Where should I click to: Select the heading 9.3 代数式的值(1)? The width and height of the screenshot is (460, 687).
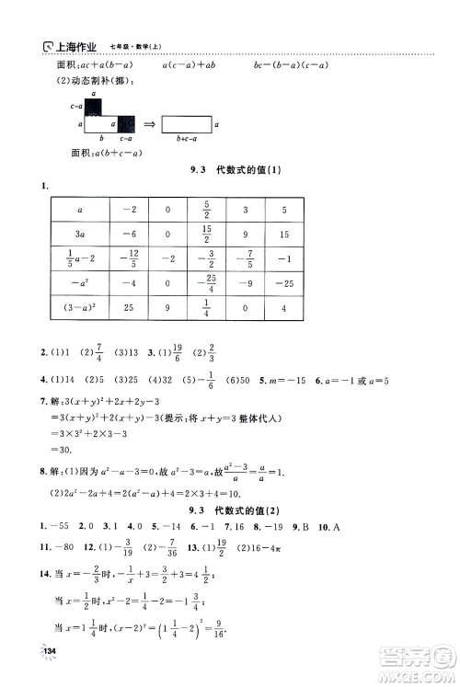coord(233,169)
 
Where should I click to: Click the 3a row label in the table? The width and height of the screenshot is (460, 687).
coord(82,233)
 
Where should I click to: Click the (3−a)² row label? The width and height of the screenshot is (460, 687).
coord(82,332)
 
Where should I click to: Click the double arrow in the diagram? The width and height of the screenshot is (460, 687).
coord(147,122)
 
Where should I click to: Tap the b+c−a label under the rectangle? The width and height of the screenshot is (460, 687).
coord(188,136)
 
